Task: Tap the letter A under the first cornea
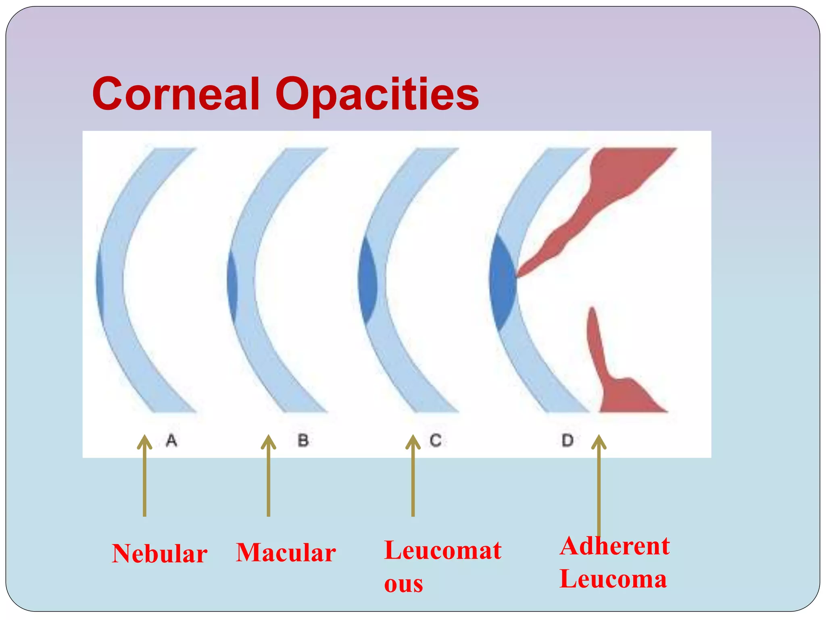[x=171, y=440]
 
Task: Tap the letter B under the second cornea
[x=303, y=440]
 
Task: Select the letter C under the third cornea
[x=435, y=440]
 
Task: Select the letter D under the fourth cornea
[x=567, y=440]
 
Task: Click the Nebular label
[x=160, y=553]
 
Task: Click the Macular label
[x=286, y=553]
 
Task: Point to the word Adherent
[x=614, y=546]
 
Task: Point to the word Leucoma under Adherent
[x=613, y=579]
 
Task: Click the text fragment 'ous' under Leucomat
[x=403, y=584]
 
